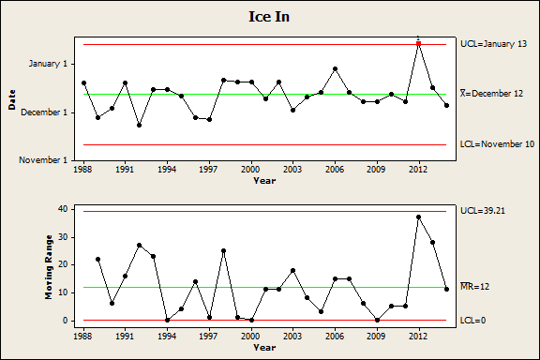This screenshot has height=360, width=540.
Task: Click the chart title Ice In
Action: (x=269, y=17)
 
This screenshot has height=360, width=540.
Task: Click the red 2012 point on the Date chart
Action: (x=419, y=44)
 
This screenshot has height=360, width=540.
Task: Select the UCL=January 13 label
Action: (x=493, y=44)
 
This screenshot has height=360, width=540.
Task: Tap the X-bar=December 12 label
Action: (x=492, y=94)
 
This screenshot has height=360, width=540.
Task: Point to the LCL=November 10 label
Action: (x=497, y=144)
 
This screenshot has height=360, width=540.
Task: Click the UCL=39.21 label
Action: (x=483, y=211)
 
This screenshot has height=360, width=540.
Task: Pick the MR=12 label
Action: (x=475, y=286)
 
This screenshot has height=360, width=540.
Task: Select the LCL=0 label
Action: (x=472, y=321)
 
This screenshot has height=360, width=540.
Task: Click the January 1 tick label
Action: (x=48, y=64)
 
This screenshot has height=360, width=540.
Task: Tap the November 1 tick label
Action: (x=43, y=160)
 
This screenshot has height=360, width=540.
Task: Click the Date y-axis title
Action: (x=12, y=99)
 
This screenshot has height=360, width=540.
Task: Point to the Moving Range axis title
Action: (x=49, y=267)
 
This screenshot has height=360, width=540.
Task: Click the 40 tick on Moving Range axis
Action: (x=64, y=209)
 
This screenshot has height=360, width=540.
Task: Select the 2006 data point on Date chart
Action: (x=335, y=68)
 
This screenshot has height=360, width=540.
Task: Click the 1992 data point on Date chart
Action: (x=139, y=125)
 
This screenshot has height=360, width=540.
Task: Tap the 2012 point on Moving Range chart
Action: (x=419, y=217)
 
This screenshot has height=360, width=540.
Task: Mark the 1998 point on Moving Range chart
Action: (x=223, y=250)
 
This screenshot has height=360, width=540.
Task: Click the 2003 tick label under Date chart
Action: (x=292, y=170)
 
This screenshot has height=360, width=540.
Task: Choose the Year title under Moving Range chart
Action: (x=264, y=347)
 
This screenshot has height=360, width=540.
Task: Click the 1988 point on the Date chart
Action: (x=83, y=83)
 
